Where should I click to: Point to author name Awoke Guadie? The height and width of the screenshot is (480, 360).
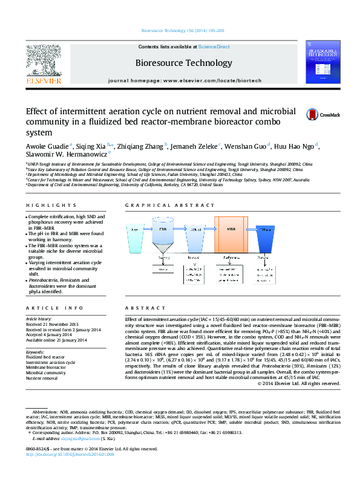click(x=47, y=146)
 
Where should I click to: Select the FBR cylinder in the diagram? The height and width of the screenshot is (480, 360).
click(x=163, y=239)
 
